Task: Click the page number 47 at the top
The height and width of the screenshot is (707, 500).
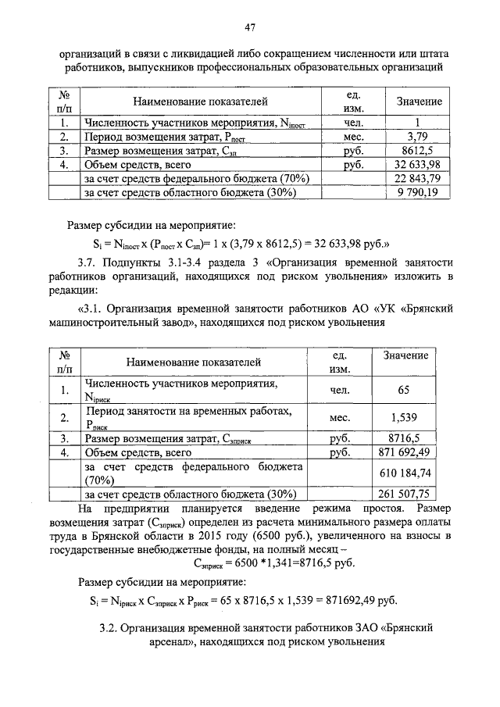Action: [x=250, y=28]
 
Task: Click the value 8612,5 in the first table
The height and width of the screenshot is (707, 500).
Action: [x=418, y=151]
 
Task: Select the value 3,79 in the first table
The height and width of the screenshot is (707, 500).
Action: [x=418, y=137]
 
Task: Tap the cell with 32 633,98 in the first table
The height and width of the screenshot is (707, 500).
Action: [x=418, y=165]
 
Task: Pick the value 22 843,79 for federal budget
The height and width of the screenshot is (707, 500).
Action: [x=418, y=179]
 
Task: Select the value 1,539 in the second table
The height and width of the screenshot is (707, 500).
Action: [x=404, y=418]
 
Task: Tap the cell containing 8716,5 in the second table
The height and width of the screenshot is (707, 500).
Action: [x=404, y=439]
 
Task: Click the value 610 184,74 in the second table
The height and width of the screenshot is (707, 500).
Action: [x=405, y=473]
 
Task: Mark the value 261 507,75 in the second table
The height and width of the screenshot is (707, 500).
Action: [x=405, y=494]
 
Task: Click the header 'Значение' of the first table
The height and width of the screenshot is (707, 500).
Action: [x=419, y=102]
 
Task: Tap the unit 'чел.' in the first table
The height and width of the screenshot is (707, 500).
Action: [x=352, y=123]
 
